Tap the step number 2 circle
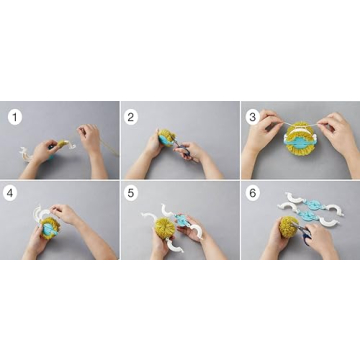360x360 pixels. coord(131,116)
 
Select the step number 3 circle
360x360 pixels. coord(250,116)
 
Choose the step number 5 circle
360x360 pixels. coord(131,196)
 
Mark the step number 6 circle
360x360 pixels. coord(250,196)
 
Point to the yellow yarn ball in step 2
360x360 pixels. coord(166,138)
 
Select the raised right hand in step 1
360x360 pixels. coord(90,139)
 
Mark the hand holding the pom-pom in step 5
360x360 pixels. coord(161,245)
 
